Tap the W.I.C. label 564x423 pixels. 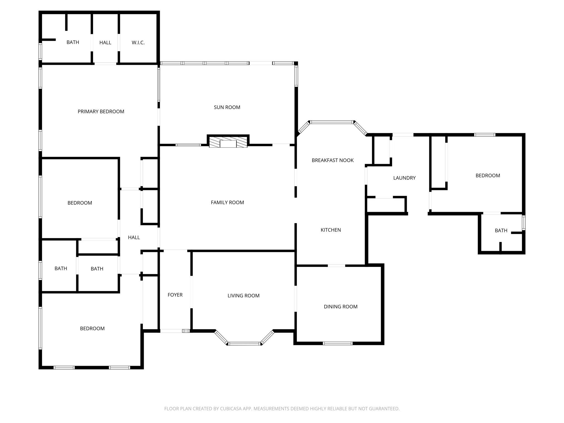138,43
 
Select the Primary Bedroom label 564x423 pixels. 101,112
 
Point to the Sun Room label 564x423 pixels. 227,107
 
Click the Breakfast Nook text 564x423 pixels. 332,160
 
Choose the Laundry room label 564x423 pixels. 404,178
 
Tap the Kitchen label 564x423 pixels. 330,230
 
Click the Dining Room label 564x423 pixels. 340,307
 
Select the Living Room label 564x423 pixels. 243,296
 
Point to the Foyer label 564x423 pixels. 175,295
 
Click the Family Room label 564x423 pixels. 227,202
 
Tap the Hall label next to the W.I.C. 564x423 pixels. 105,43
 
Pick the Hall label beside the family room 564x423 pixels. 134,237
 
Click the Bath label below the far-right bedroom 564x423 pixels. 501,231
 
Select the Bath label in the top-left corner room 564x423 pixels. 73,42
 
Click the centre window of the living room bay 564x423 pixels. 244,343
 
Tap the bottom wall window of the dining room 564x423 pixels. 337,343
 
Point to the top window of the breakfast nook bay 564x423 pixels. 332,122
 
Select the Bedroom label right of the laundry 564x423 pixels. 488,176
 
